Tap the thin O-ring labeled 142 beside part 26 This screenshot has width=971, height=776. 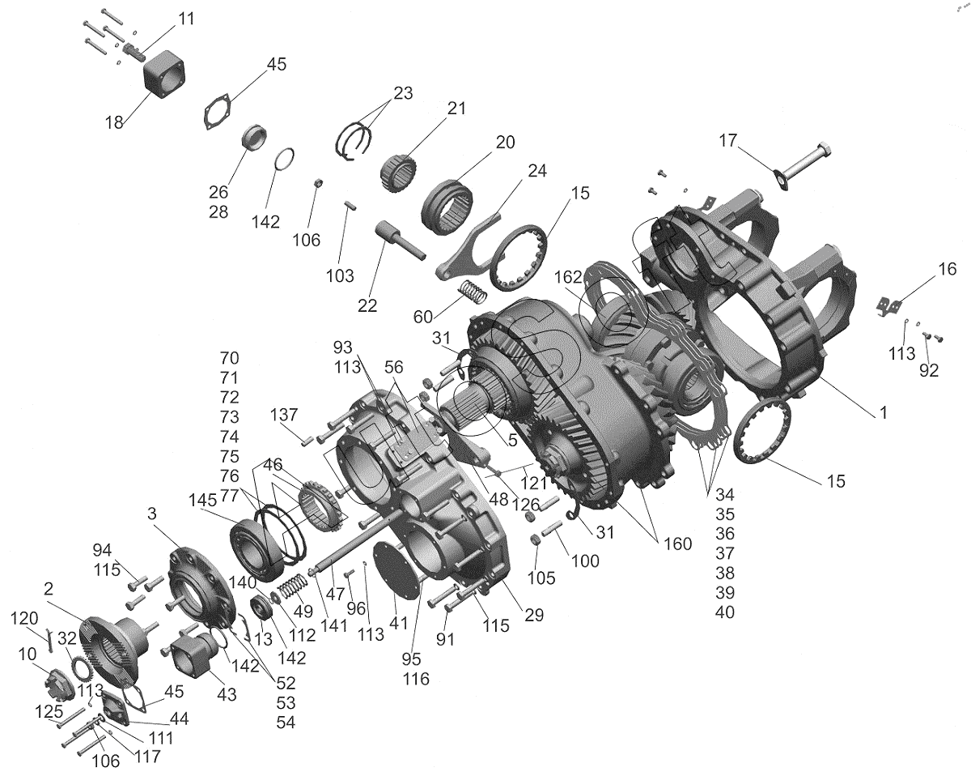282,160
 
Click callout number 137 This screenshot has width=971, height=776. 285,416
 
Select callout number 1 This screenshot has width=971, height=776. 883,411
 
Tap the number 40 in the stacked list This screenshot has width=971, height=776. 725,612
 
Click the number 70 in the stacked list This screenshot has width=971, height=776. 230,358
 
